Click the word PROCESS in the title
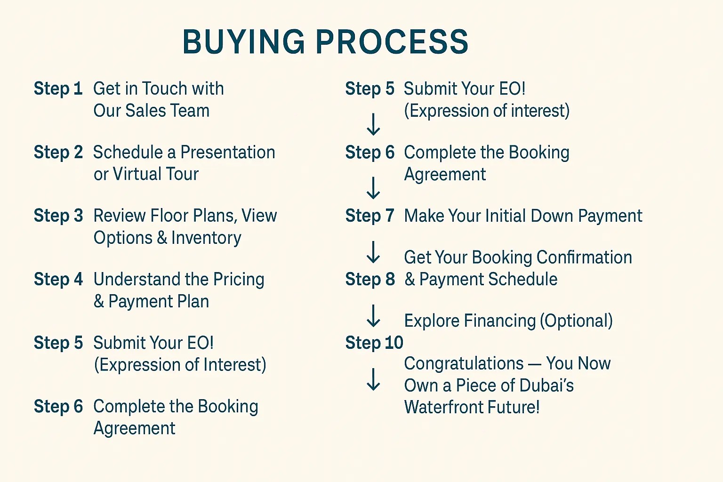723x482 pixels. (x=392, y=41)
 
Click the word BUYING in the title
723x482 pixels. (x=244, y=41)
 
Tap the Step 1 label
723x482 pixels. (x=58, y=88)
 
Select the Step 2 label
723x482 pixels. (x=58, y=152)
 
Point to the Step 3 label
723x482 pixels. (x=58, y=216)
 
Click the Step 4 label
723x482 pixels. (x=58, y=279)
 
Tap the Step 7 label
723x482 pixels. (x=370, y=216)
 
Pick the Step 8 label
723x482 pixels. (x=370, y=279)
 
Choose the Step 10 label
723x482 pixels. (x=374, y=343)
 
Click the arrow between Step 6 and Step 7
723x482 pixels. (x=373, y=188)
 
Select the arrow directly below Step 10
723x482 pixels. (x=373, y=379)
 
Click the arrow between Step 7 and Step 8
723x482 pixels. (x=373, y=252)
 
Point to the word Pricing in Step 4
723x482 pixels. (x=239, y=280)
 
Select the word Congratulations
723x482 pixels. (x=464, y=363)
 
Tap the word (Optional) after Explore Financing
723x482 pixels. (x=576, y=321)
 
